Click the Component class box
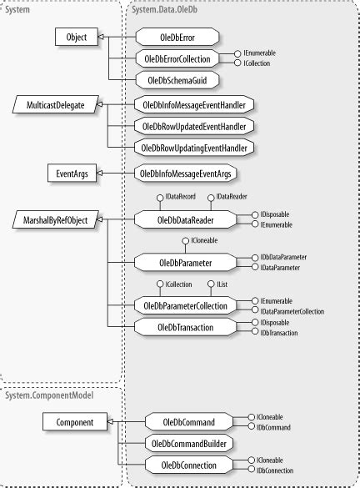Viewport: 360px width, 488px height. (72, 422)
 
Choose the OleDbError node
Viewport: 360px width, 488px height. (176, 38)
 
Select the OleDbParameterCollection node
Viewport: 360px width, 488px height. (184, 305)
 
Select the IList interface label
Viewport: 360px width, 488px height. (224, 284)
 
